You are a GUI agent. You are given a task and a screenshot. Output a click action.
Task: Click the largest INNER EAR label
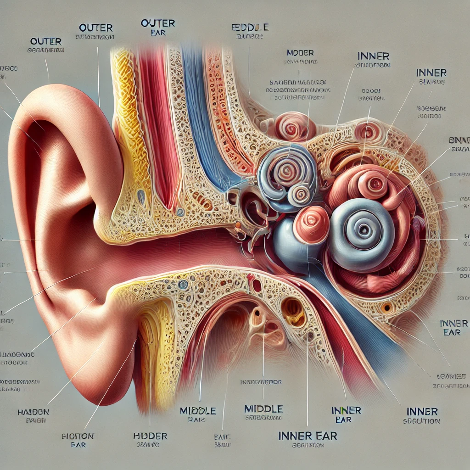(307, 436)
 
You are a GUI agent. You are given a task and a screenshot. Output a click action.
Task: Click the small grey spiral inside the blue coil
(301, 192)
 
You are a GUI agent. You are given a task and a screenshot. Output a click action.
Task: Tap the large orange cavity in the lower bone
(293, 312)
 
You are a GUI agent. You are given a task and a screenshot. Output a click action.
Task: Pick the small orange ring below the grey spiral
(386, 307)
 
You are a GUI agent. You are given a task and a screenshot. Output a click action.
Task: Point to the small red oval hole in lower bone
(257, 285)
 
